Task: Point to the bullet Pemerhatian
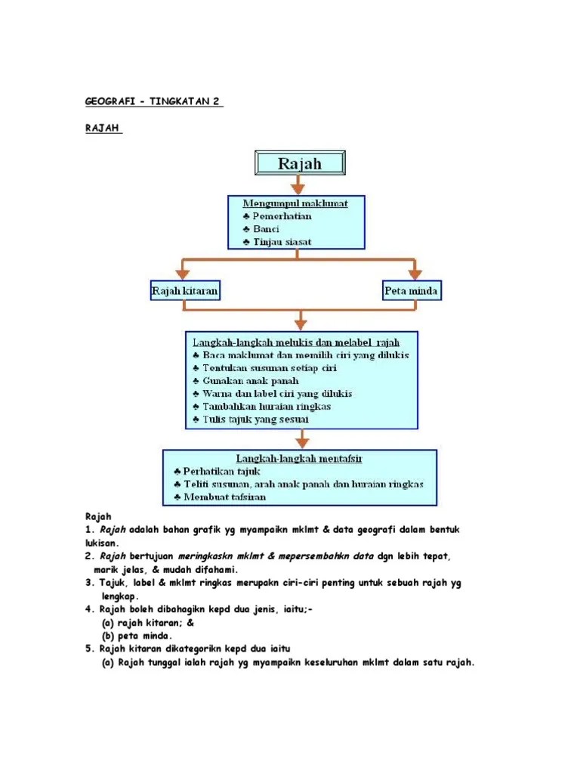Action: tap(276, 216)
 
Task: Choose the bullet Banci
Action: tap(261, 229)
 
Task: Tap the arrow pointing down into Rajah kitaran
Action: tap(182, 269)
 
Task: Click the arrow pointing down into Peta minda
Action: tap(413, 269)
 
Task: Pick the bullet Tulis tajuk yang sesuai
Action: tap(250, 419)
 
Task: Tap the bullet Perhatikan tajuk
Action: tap(216, 471)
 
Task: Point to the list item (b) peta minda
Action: tap(137, 636)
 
